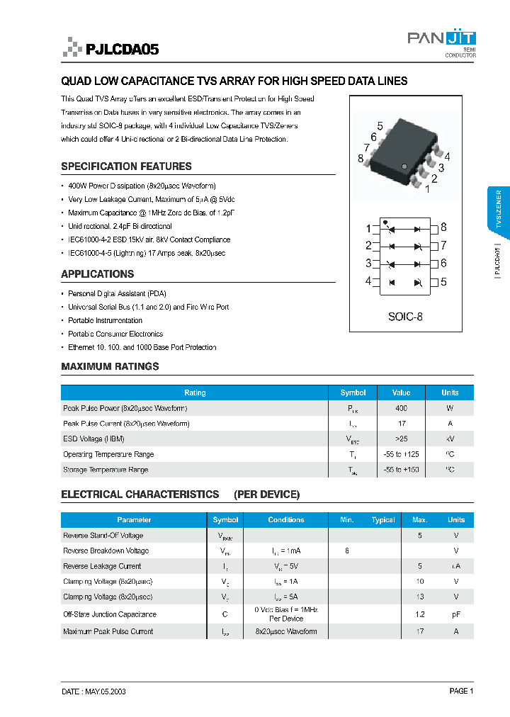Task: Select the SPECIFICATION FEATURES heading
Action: tap(126, 166)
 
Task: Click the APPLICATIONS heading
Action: tap(97, 274)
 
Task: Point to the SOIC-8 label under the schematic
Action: tap(405, 317)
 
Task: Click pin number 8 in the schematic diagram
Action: tap(443, 227)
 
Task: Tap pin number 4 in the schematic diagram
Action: tap(368, 281)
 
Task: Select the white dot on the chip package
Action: tap(404, 166)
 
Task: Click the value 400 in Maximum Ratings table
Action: tap(402, 409)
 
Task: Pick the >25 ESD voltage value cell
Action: tap(402, 439)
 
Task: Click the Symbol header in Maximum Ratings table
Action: tap(353, 393)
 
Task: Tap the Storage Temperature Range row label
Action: tap(106, 470)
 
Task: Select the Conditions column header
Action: tap(286, 520)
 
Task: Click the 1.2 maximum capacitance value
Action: tap(420, 615)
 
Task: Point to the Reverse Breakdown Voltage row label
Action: tap(106, 551)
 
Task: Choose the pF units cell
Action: tap(456, 615)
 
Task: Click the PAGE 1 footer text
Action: tap(461, 691)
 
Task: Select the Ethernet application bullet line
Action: tap(142, 347)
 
